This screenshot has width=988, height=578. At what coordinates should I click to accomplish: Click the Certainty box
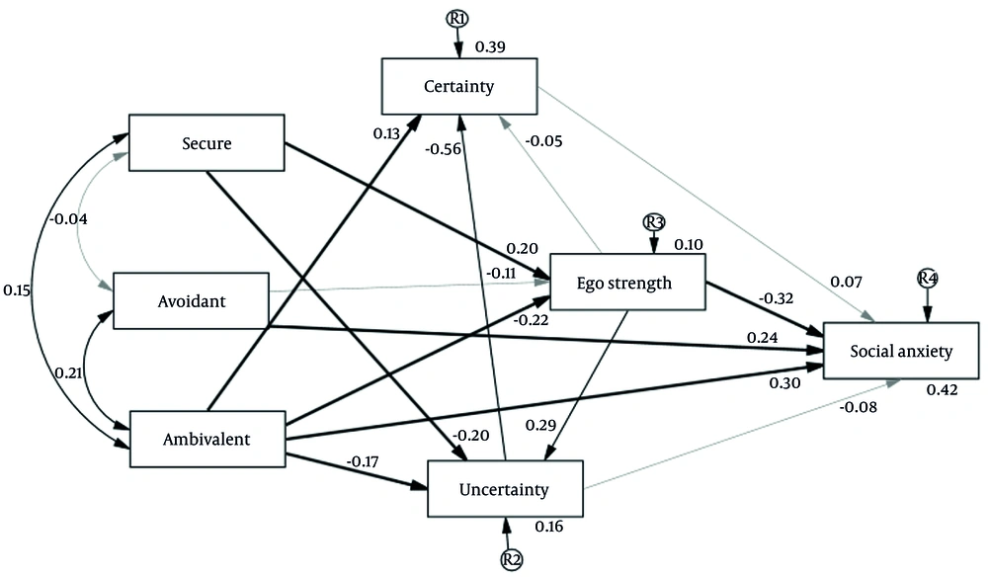(x=459, y=86)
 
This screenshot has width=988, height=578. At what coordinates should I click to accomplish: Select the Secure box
(x=206, y=144)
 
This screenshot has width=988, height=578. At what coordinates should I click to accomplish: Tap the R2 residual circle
(x=511, y=560)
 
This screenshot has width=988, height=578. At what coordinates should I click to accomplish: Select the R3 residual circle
(x=653, y=221)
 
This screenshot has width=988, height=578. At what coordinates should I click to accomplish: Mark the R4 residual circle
(x=926, y=278)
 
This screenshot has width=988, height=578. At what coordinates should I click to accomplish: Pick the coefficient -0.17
(x=364, y=460)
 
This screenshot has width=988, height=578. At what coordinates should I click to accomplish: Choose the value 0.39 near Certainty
(x=490, y=46)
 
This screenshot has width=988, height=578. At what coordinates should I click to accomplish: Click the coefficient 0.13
(x=387, y=133)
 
